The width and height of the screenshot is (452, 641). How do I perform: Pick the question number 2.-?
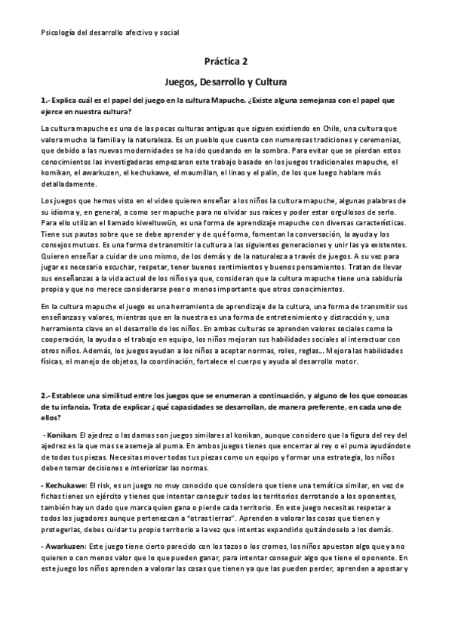(x=46, y=395)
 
